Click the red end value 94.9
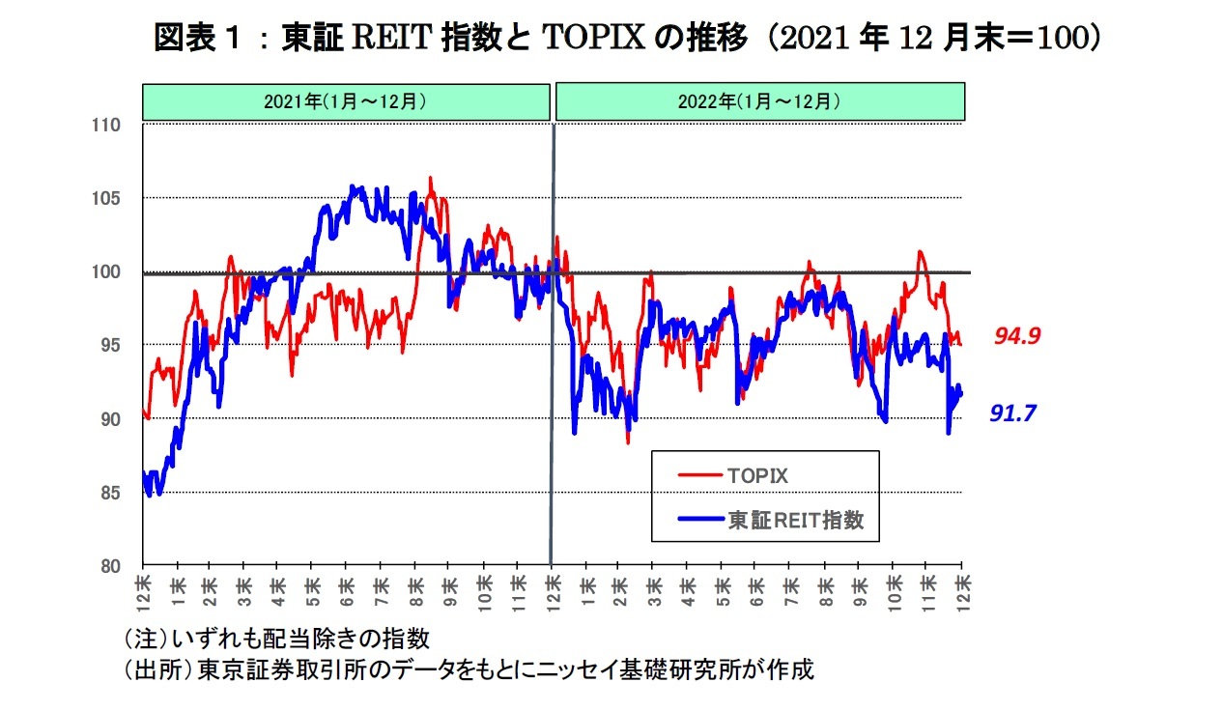tap(1015, 336)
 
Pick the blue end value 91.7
tap(1012, 413)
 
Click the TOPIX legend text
tap(757, 476)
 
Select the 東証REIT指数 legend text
tap(796, 521)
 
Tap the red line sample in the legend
tap(699, 475)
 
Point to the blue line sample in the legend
tap(699, 521)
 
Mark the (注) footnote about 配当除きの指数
tap(276, 639)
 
